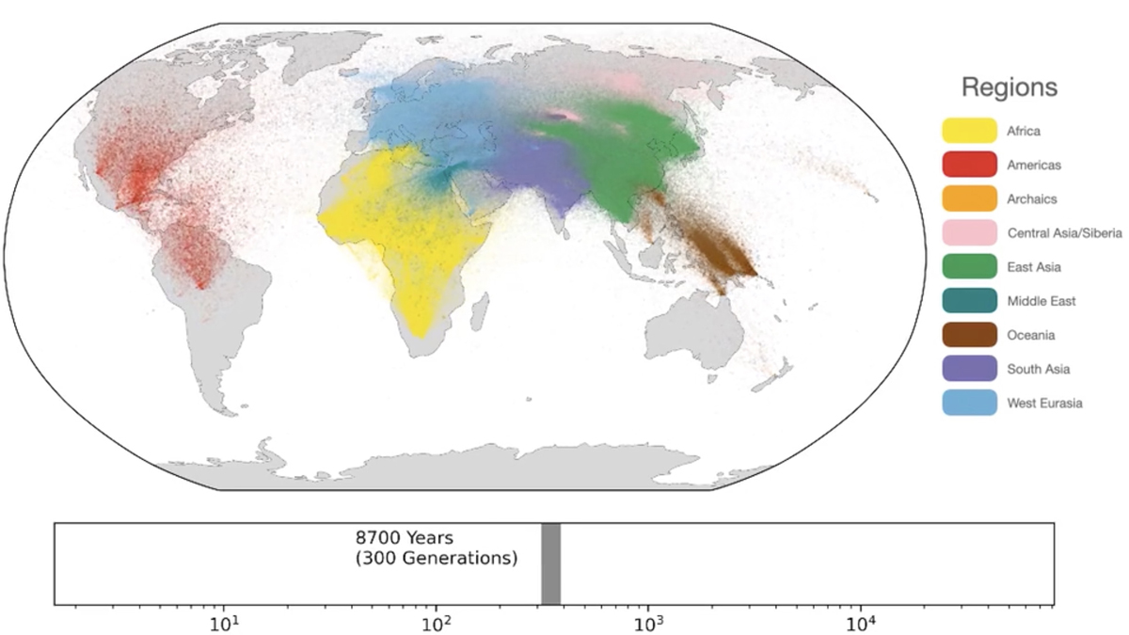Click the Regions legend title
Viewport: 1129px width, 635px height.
pos(1009,88)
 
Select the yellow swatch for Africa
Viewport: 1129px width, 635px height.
pos(969,132)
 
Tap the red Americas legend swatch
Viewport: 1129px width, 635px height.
pos(969,166)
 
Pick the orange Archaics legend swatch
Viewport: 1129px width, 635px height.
pos(969,199)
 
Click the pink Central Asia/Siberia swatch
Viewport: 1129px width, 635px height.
pos(969,233)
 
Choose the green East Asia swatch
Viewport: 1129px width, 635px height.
pos(969,267)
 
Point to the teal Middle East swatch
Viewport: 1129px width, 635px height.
pos(969,301)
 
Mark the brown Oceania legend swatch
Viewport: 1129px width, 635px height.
pos(969,335)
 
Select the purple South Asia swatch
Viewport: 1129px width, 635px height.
pos(969,369)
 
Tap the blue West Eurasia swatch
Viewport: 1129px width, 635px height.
pos(969,403)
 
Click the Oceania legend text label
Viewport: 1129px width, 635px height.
pos(1031,336)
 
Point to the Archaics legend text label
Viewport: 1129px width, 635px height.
pos(1032,199)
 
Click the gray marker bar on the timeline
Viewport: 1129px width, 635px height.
pos(551,564)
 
